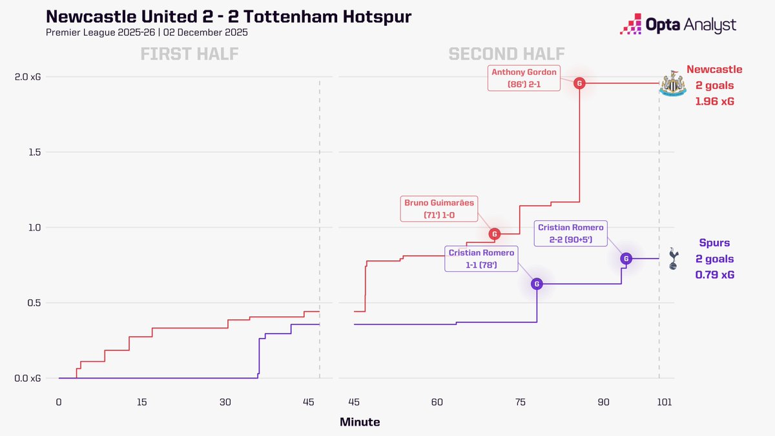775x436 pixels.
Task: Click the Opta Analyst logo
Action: tap(677, 25)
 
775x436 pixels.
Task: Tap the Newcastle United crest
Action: tap(672, 83)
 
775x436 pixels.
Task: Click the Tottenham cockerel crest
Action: tap(672, 258)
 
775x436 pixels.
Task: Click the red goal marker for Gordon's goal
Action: tap(580, 83)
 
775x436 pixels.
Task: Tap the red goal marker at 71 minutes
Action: tap(494, 234)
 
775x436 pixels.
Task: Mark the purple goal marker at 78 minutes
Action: tap(537, 284)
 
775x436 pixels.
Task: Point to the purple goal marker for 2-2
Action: tap(625, 258)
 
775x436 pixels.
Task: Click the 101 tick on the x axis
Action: tap(659, 402)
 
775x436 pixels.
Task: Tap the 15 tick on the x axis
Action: tap(141, 402)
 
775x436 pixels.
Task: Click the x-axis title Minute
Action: tap(360, 422)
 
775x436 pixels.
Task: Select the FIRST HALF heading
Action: tap(189, 55)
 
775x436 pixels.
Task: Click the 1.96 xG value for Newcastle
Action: tap(714, 101)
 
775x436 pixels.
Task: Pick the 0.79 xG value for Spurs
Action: tap(714, 275)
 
